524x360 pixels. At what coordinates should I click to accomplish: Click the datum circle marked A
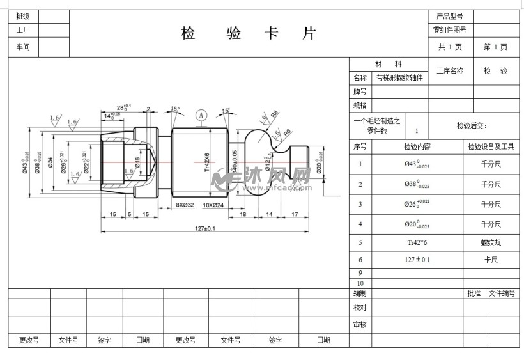click(x=201, y=115)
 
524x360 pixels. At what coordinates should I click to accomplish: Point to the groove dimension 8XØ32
click(x=185, y=205)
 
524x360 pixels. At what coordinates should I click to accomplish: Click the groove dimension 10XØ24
click(x=213, y=205)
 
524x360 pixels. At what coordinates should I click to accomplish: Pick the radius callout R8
click(x=275, y=114)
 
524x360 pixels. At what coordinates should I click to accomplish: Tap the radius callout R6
click(x=288, y=132)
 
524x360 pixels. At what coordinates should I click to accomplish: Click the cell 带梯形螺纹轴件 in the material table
click(x=399, y=77)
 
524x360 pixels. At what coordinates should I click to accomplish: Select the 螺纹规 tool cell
click(x=491, y=243)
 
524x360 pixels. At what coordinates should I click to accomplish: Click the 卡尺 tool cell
click(x=491, y=260)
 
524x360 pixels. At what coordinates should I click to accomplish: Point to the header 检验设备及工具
click(x=491, y=146)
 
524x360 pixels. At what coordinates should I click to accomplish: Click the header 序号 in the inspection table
click(x=360, y=146)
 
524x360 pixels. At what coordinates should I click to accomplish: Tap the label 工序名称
click(x=450, y=71)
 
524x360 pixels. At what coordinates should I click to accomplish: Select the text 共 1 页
click(x=450, y=47)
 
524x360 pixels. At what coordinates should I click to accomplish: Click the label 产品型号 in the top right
click(x=450, y=16)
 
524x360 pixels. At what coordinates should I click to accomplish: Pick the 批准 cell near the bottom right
click(x=474, y=293)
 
